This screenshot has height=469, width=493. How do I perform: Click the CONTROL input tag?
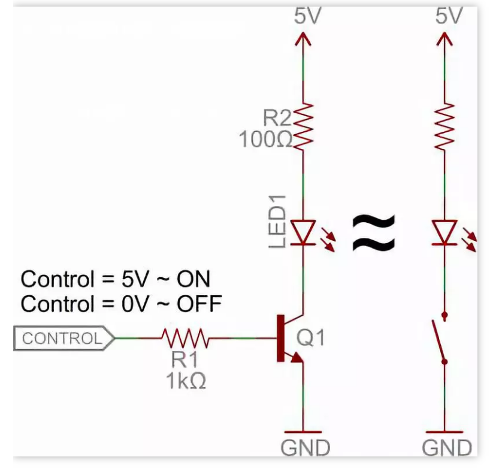click(63, 338)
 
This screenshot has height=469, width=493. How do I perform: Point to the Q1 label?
click(311, 338)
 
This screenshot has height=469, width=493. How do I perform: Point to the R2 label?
click(277, 116)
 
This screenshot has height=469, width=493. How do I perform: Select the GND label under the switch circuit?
click(447, 447)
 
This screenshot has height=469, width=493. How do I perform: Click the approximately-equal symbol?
click(374, 233)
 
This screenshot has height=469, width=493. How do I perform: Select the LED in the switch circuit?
click(444, 232)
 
